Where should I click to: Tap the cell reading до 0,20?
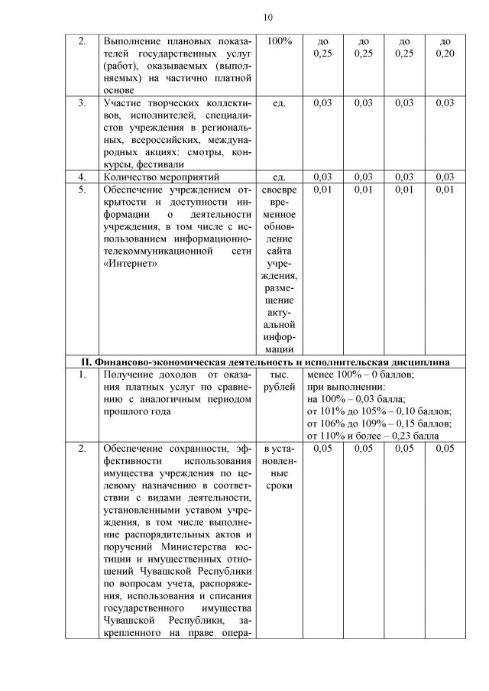pos(445,47)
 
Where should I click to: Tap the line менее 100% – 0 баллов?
pos(360,375)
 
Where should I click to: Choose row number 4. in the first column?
pos(82,177)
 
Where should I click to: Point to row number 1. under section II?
pos(82,375)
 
